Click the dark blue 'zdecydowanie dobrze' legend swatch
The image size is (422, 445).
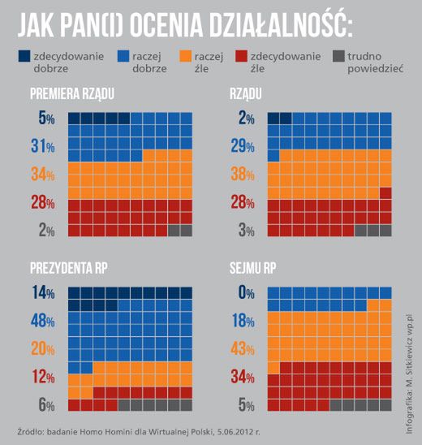(x=27, y=57)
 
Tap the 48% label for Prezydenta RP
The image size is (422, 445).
(x=42, y=321)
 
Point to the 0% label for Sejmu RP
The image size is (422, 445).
(x=245, y=293)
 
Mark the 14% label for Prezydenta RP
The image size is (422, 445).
(x=42, y=293)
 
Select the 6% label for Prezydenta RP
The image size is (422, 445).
(x=45, y=405)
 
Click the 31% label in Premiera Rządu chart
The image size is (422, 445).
(x=42, y=147)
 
